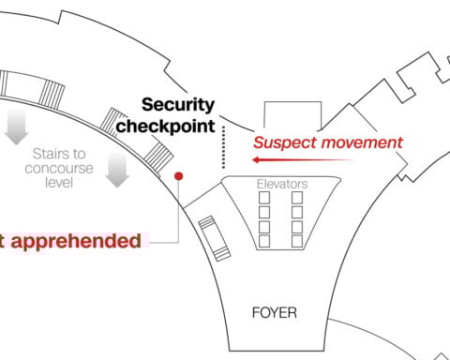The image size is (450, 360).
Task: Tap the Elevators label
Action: point(282,184)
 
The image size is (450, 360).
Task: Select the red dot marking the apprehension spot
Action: point(178,175)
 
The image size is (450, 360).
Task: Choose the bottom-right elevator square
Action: point(298,241)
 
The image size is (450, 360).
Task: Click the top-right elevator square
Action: point(298,199)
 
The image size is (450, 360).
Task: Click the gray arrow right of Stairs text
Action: point(116,171)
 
